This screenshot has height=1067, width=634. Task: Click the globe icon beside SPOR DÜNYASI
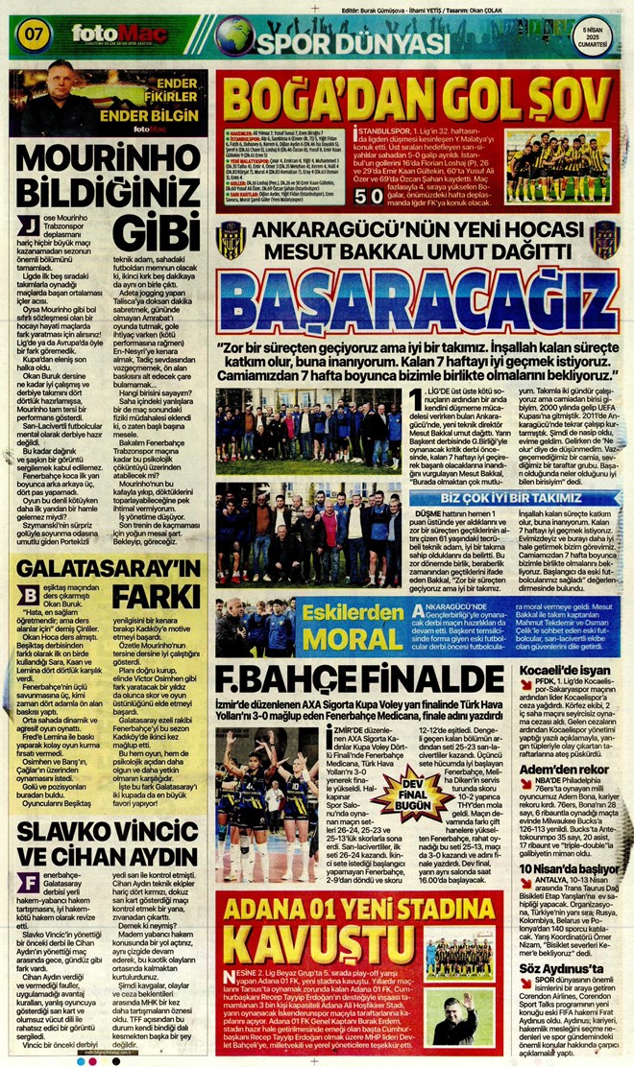tap(233, 37)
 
